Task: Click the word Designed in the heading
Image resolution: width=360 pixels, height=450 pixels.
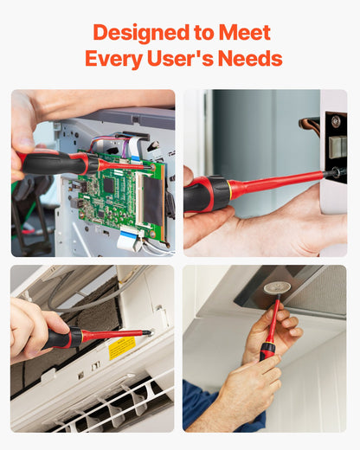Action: click(x=141, y=33)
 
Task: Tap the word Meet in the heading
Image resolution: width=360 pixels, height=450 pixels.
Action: click(x=245, y=32)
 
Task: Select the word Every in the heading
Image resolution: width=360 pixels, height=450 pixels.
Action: click(x=114, y=59)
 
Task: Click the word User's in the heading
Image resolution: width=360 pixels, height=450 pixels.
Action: click(x=180, y=58)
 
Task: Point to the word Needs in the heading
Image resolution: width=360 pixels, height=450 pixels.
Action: click(x=250, y=58)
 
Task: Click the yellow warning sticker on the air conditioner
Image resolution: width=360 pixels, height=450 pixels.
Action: click(x=122, y=348)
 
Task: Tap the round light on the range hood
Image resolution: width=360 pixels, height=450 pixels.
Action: click(x=277, y=288)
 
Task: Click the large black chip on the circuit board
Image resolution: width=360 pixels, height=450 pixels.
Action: click(x=109, y=185)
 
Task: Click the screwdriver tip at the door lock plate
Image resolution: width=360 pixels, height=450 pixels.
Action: click(x=335, y=172)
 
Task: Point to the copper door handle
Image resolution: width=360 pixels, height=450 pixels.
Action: click(x=311, y=124)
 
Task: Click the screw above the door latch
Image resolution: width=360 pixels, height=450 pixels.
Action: click(x=336, y=121)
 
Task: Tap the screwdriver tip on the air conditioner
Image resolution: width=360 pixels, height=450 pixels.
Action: click(x=149, y=333)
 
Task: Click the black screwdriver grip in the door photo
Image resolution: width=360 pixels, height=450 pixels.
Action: click(x=209, y=194)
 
